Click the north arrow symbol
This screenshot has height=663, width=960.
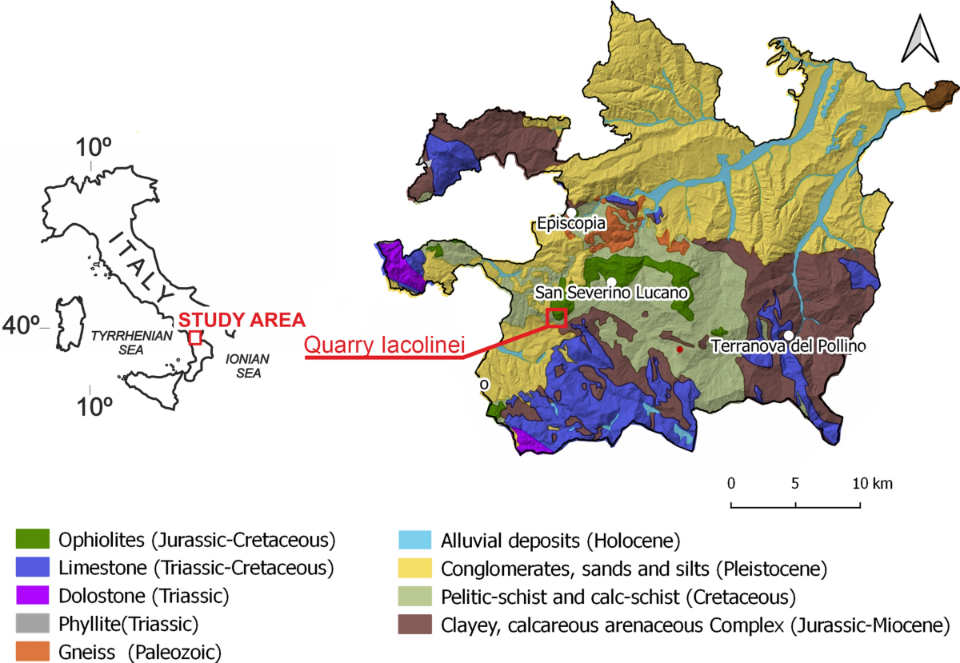point(919,42)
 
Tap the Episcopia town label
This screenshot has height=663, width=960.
point(572,225)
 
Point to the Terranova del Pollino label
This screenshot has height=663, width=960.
point(788,346)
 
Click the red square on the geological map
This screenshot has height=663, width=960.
point(556,318)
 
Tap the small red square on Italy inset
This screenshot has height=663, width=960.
point(194,337)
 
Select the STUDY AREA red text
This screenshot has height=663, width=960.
point(242,319)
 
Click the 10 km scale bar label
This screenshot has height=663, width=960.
point(872,484)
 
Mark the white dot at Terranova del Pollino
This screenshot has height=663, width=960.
point(789,335)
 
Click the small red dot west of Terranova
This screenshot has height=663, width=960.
point(679,349)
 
